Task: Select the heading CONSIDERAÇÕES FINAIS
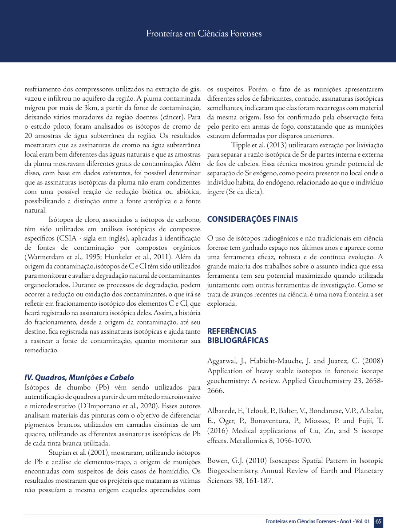pyautogui.click(x=253, y=219)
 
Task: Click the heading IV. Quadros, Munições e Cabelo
pyautogui.click(x=79, y=378)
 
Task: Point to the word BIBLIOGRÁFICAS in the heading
pyautogui.click(x=238, y=340)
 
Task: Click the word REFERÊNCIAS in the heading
pyautogui.click(x=232, y=331)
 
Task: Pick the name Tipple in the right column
pyautogui.click(x=240, y=145)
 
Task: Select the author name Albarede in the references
pyautogui.click(x=221, y=410)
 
